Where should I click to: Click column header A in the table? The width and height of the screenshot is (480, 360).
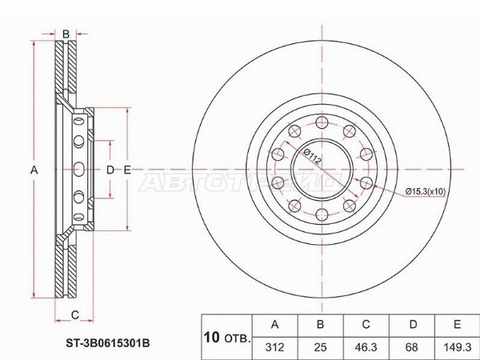tap(275, 324)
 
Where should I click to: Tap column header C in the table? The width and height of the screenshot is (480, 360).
tap(365, 324)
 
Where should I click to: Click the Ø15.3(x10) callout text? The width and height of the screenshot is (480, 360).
tap(430, 191)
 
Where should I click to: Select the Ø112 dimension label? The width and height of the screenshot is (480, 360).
tap(311, 158)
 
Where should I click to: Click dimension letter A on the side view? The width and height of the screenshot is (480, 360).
tap(34, 169)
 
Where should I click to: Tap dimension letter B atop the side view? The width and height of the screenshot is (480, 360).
tap(65, 33)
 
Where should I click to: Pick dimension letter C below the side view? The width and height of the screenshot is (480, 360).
tap(74, 313)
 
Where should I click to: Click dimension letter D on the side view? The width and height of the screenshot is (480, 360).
tap(110, 169)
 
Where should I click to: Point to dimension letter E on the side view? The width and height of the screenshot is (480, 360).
tap(126, 169)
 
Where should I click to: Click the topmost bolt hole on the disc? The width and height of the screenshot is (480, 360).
tap(322, 122)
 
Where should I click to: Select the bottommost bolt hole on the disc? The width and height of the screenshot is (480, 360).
tap(322, 214)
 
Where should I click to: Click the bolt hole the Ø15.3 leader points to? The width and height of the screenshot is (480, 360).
tap(366, 183)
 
